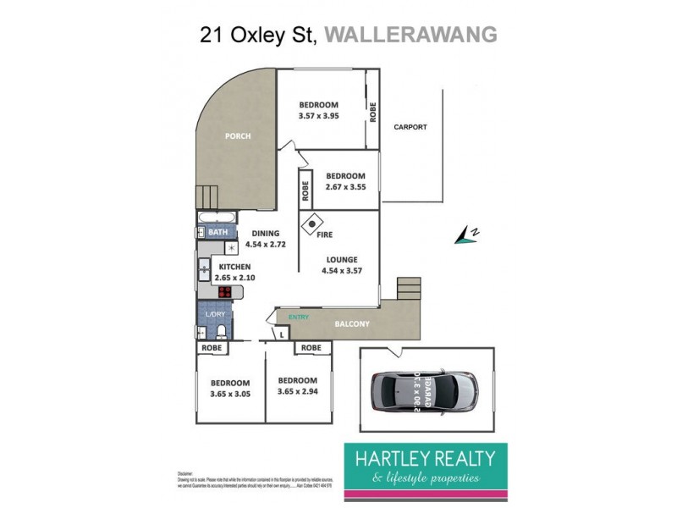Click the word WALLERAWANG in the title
click(410, 35)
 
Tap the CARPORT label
click(410, 127)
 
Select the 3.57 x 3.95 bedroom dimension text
click(318, 116)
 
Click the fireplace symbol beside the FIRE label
click(312, 224)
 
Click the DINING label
click(266, 234)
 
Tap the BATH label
click(217, 232)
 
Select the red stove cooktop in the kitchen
click(226, 292)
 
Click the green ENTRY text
click(299, 317)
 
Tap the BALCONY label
click(350, 323)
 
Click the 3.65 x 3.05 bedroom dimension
click(230, 392)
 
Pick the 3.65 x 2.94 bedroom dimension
click(297, 391)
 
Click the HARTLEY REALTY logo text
click(423, 458)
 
